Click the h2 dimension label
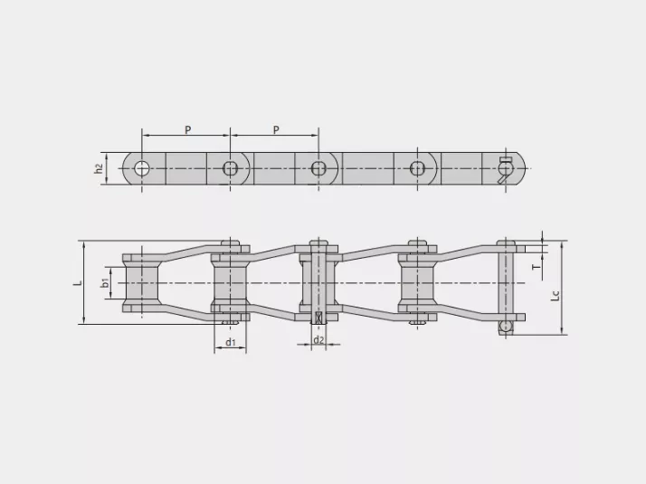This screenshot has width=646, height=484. click(x=99, y=168)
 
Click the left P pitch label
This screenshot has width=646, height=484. click(x=188, y=129)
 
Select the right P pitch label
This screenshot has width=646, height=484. click(x=276, y=129)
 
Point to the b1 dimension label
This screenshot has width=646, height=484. click(x=106, y=282)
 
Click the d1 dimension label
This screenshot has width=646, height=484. click(x=231, y=342)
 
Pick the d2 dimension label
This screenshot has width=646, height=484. click(x=318, y=340)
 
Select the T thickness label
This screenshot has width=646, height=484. click(x=536, y=267)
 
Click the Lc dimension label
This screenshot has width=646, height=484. click(x=556, y=295)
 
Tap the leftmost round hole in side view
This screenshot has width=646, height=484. click(x=142, y=168)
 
